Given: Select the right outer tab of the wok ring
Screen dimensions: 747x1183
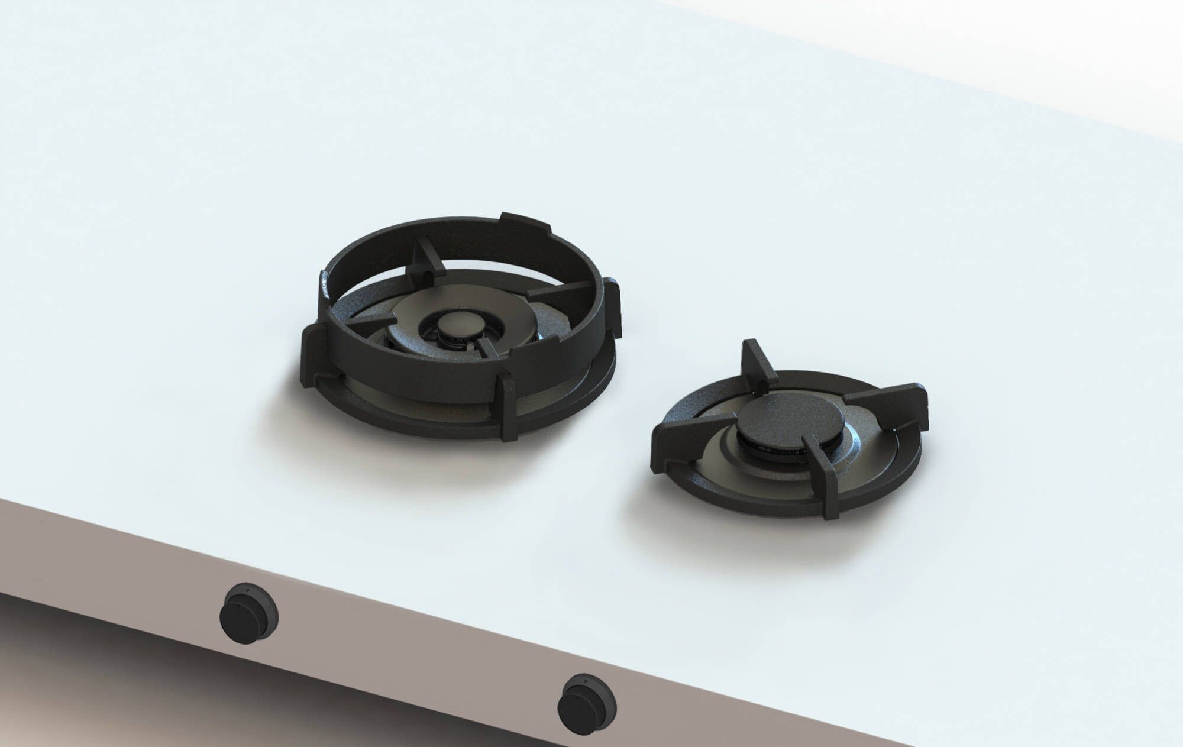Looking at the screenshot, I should pos(613,308).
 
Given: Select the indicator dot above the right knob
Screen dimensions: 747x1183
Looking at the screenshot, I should pos(586,681).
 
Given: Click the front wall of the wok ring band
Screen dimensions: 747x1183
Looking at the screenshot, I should pos(414,379).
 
